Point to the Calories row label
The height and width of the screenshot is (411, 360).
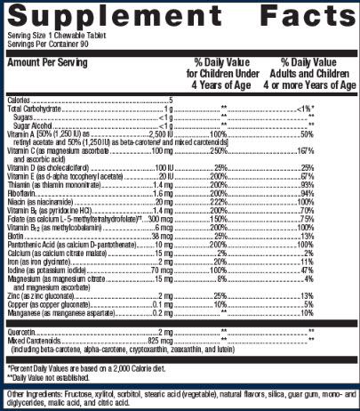tap(20, 101)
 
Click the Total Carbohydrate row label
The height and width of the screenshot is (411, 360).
tap(34, 108)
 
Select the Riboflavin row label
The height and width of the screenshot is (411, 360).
tap(22, 192)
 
